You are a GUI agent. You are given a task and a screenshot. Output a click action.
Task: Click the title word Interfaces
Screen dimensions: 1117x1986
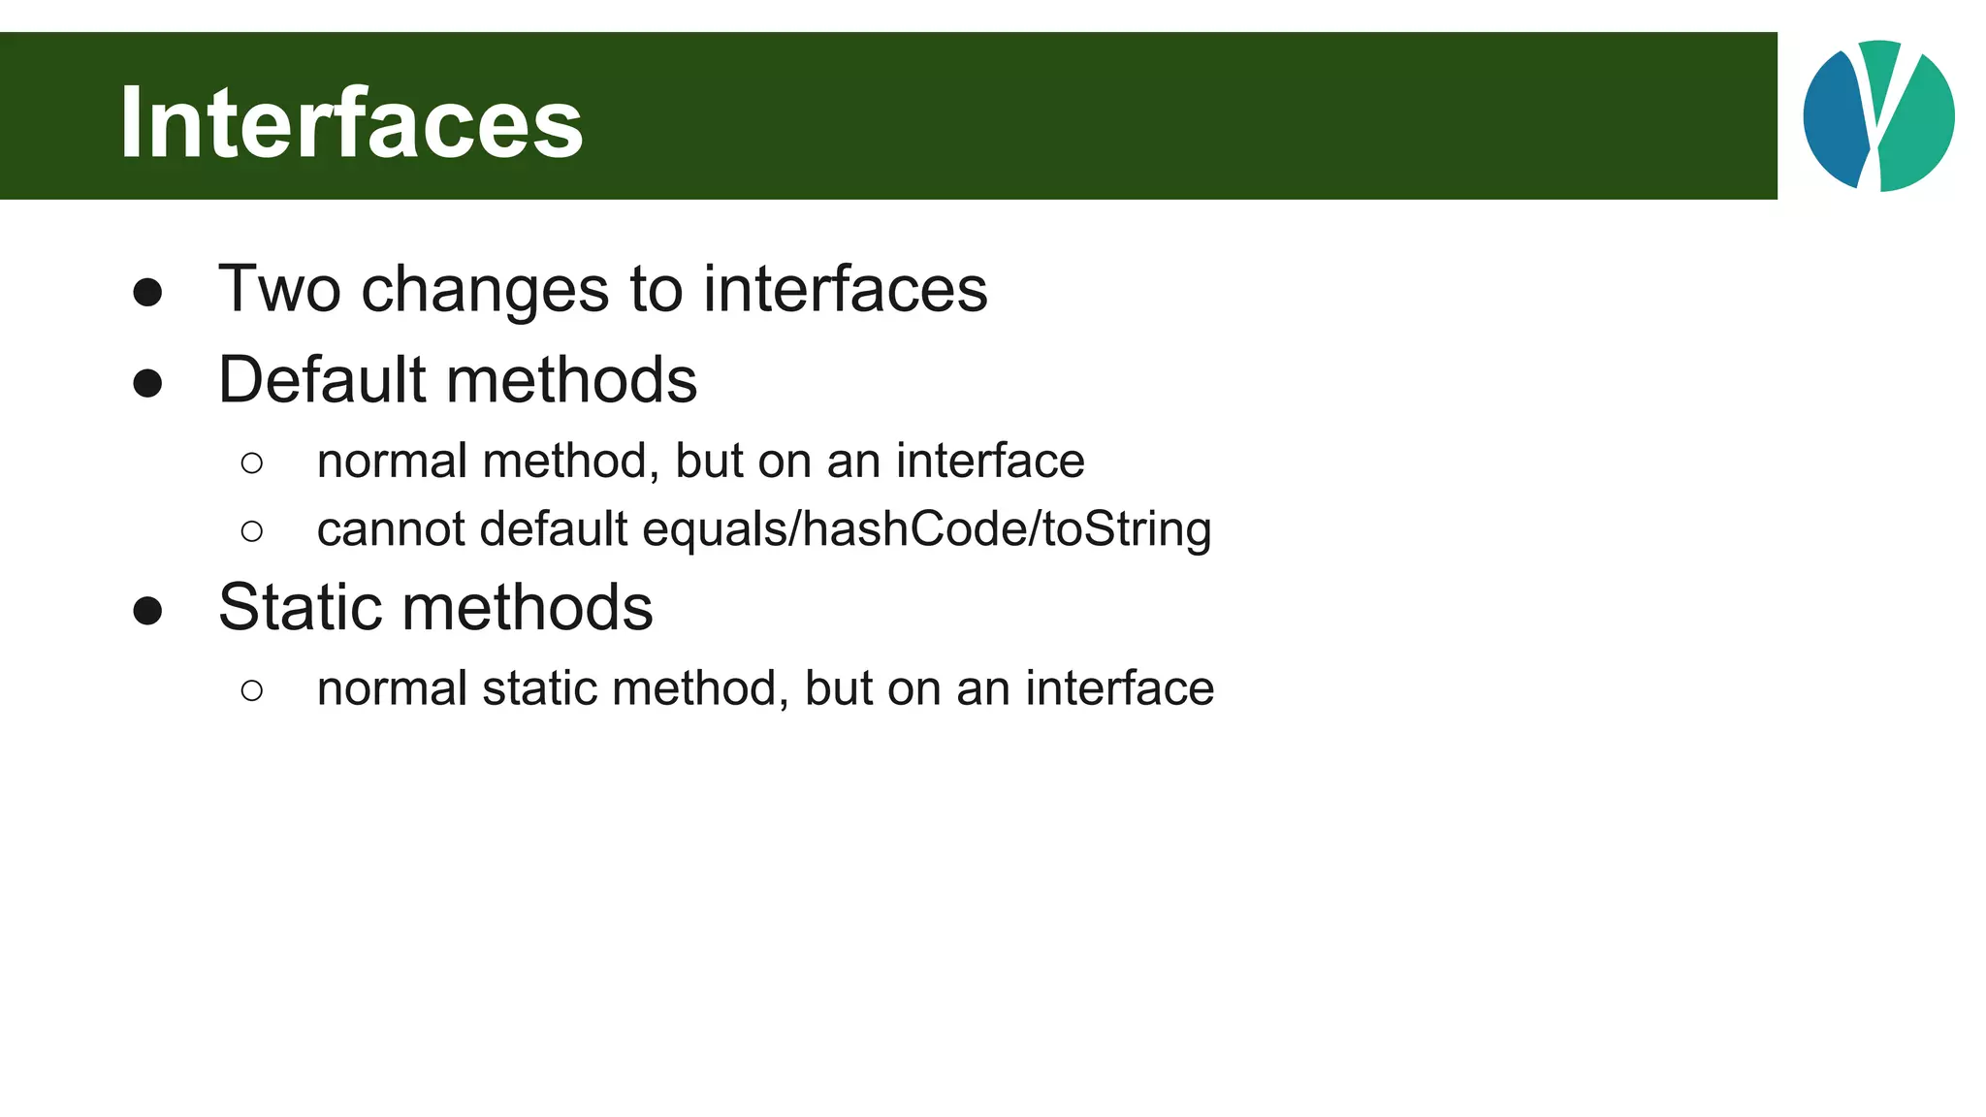click(x=351, y=123)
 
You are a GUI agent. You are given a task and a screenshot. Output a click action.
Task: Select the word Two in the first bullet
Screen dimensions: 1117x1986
click(x=279, y=289)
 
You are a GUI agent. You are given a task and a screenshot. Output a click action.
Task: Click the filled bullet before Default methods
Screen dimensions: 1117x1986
click(x=147, y=384)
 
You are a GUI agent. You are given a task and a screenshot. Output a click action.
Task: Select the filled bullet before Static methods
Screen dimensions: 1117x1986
click(x=147, y=612)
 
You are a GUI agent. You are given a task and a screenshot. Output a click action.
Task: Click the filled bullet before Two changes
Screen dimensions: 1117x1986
click(x=147, y=293)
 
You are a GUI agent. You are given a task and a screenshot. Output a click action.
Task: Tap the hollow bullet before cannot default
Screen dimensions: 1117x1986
click(x=252, y=531)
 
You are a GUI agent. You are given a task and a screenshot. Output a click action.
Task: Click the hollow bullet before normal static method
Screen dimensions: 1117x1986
click(x=252, y=690)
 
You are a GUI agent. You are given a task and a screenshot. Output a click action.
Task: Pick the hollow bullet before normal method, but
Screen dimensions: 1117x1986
click(x=252, y=463)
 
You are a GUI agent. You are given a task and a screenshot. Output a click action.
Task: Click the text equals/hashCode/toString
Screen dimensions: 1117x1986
click(x=926, y=530)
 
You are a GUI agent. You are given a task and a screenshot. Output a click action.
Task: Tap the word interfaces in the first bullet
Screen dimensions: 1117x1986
click(x=845, y=289)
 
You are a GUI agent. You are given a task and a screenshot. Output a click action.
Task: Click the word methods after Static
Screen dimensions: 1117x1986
click(x=528, y=607)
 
